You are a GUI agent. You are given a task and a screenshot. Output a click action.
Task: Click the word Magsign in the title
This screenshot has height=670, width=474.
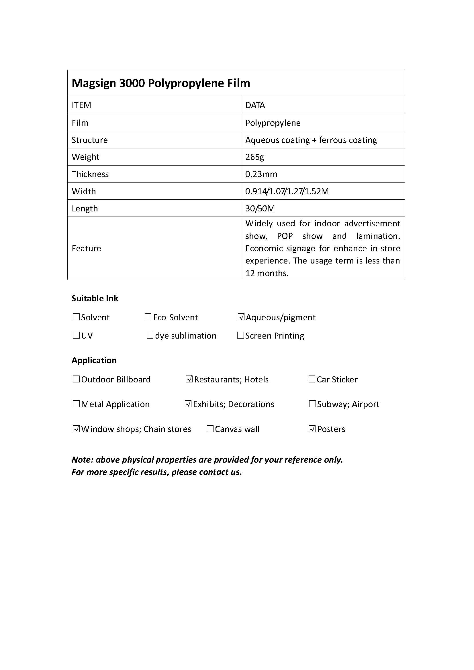(x=93, y=83)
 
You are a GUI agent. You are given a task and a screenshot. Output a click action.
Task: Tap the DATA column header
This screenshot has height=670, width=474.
(x=255, y=105)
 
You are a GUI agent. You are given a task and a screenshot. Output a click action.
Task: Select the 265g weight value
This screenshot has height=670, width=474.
(x=254, y=157)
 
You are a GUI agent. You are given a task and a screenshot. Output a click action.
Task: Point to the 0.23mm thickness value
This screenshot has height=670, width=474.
(x=261, y=174)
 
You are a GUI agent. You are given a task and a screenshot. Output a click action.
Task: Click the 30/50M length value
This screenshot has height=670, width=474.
(x=260, y=209)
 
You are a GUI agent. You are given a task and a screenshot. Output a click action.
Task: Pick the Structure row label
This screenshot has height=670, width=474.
(x=90, y=140)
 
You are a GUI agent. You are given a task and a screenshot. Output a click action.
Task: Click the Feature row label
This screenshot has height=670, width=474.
(x=86, y=248)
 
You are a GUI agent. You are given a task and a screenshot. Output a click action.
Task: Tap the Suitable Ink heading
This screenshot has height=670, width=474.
(x=95, y=298)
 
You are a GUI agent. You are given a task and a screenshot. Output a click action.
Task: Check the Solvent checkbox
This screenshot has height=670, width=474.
(x=76, y=317)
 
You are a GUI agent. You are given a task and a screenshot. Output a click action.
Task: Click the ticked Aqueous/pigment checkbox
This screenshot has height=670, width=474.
(x=241, y=317)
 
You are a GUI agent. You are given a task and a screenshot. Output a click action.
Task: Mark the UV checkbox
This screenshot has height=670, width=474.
(x=76, y=335)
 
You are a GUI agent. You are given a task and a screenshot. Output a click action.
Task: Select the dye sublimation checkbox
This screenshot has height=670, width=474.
(x=150, y=335)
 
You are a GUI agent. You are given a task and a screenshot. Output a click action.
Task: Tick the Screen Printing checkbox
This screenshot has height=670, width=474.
(x=240, y=335)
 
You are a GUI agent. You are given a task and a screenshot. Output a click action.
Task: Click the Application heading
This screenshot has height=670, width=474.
(x=94, y=360)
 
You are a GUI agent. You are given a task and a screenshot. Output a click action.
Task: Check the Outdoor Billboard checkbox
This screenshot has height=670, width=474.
(x=76, y=379)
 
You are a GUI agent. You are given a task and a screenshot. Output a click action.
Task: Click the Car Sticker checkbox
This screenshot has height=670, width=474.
(x=312, y=379)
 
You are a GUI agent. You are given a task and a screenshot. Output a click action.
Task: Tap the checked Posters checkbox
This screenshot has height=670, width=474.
(x=312, y=429)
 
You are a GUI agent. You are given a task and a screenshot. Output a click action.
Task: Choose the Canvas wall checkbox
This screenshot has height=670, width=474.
(x=210, y=429)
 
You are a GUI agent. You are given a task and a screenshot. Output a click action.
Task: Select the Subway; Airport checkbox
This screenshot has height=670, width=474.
(x=312, y=404)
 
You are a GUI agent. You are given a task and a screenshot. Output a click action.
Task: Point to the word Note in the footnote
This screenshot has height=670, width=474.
(x=82, y=460)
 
